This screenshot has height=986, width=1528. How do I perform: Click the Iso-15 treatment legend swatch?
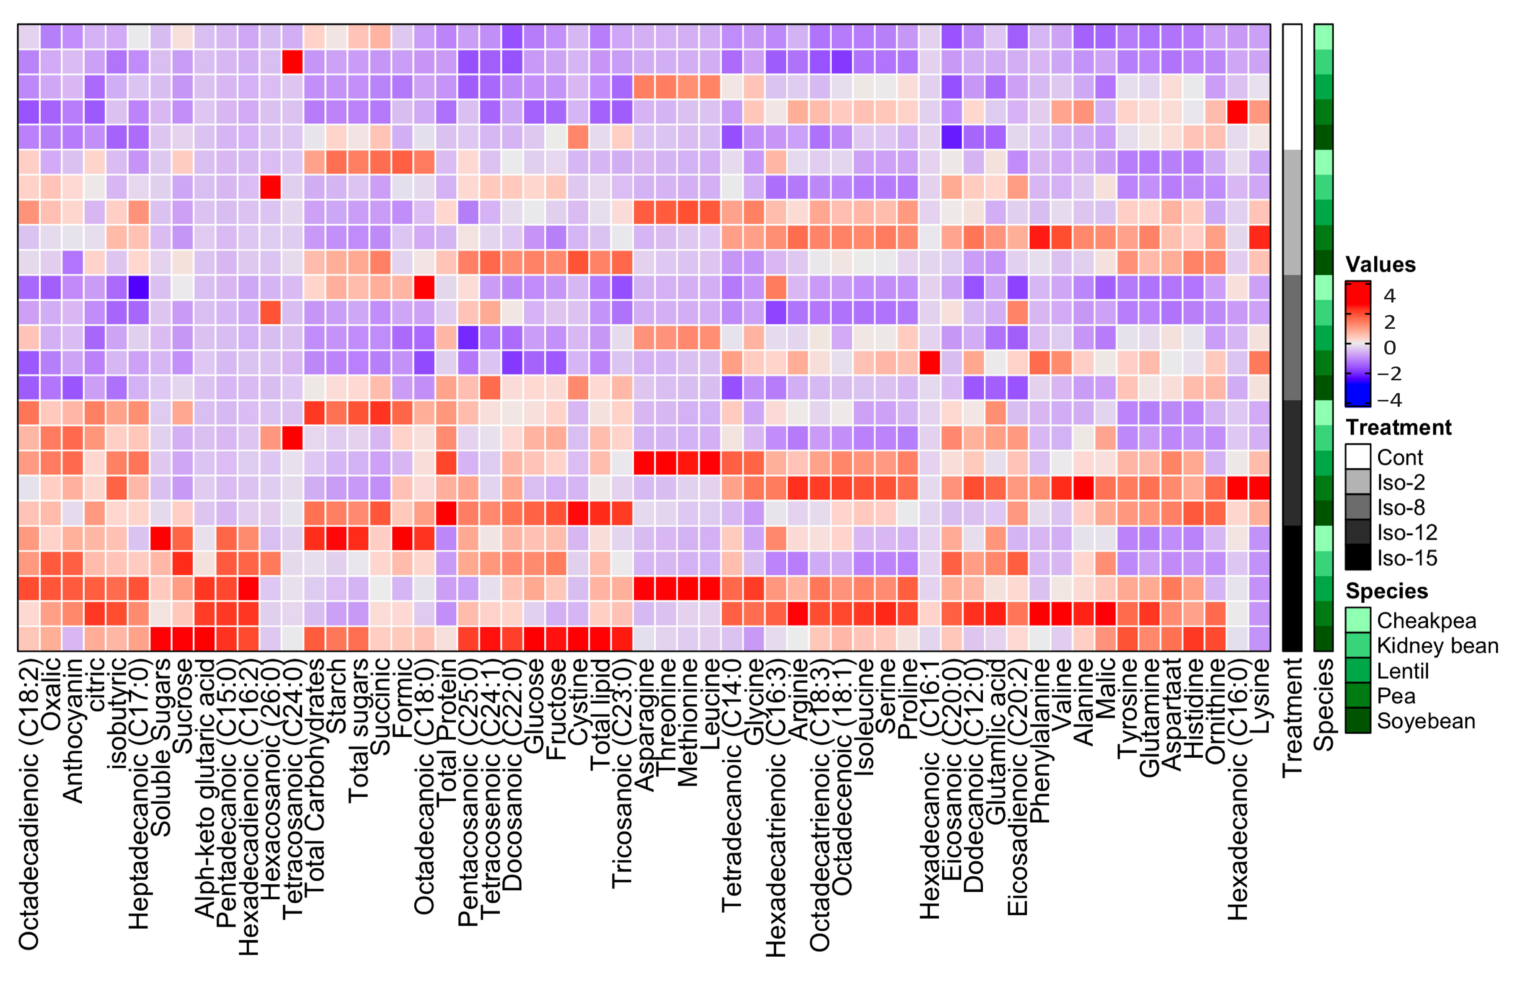pos(1357,558)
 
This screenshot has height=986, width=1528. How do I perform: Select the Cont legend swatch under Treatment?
pos(1357,457)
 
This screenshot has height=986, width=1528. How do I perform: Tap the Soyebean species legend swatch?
pos(1357,721)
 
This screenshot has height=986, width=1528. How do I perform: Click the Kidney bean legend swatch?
pos(1357,645)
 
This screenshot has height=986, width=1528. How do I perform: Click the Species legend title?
pos(1386,590)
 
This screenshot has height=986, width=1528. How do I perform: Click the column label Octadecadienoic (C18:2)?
pos(29,803)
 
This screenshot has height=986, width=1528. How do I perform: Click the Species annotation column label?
pos(1323,704)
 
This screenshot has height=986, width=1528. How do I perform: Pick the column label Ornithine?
pos(1215,711)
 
